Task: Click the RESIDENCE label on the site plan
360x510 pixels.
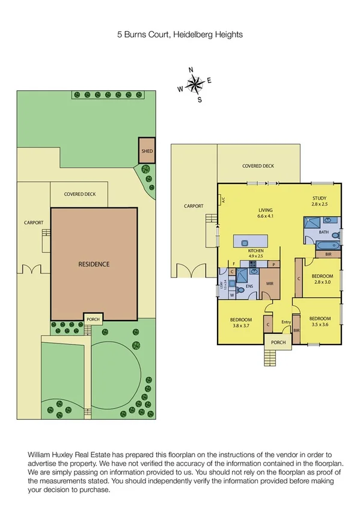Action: pyautogui.click(x=94, y=264)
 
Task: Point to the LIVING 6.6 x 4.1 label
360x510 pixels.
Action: pyautogui.click(x=265, y=212)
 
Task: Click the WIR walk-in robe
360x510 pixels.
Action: pyautogui.click(x=269, y=284)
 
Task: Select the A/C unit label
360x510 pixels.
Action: pyautogui.click(x=222, y=200)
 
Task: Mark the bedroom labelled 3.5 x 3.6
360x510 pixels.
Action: pyautogui.click(x=320, y=322)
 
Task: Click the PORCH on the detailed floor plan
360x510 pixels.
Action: pyautogui.click(x=278, y=343)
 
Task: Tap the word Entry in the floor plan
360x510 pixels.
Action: pyautogui.click(x=286, y=323)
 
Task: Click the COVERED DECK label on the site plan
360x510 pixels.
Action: pyautogui.click(x=80, y=194)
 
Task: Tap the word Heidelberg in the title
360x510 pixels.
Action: pyautogui.click(x=192, y=35)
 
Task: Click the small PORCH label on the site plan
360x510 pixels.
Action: pyautogui.click(x=92, y=319)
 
